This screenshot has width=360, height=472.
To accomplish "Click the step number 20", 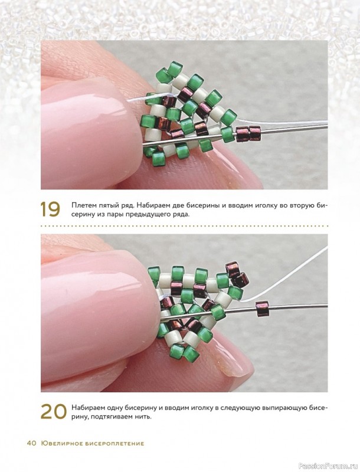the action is click(53, 411).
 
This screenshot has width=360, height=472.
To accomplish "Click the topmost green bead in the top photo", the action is click(175, 69).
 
